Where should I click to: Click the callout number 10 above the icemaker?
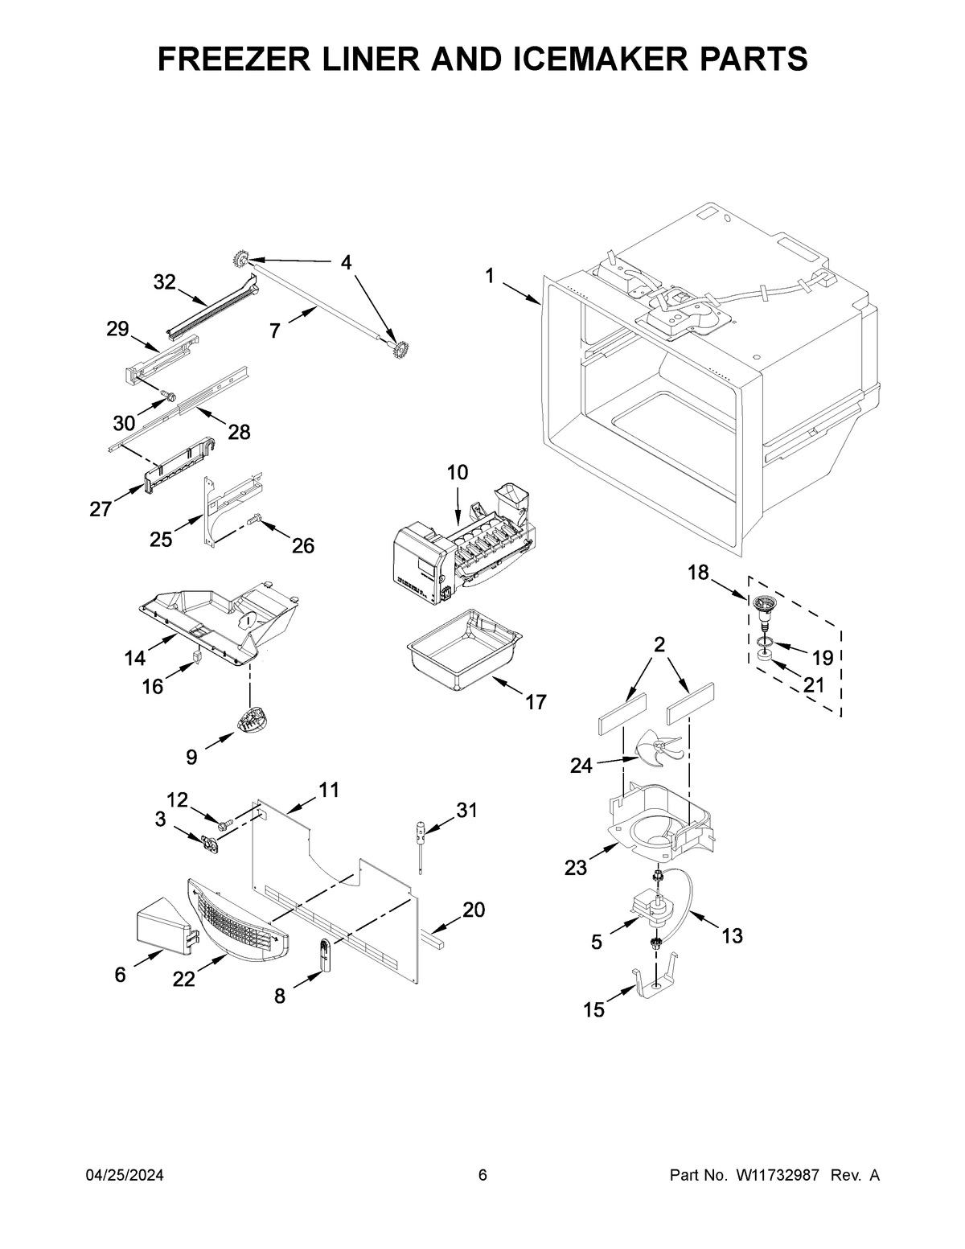457,472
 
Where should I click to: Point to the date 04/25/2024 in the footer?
125,1176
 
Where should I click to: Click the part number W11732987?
777,1176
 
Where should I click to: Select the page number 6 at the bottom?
482,1176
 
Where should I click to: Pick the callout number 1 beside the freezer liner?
489,276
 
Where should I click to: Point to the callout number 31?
466,810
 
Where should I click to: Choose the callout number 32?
164,281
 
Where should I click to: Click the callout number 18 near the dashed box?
698,572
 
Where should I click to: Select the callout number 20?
474,910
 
